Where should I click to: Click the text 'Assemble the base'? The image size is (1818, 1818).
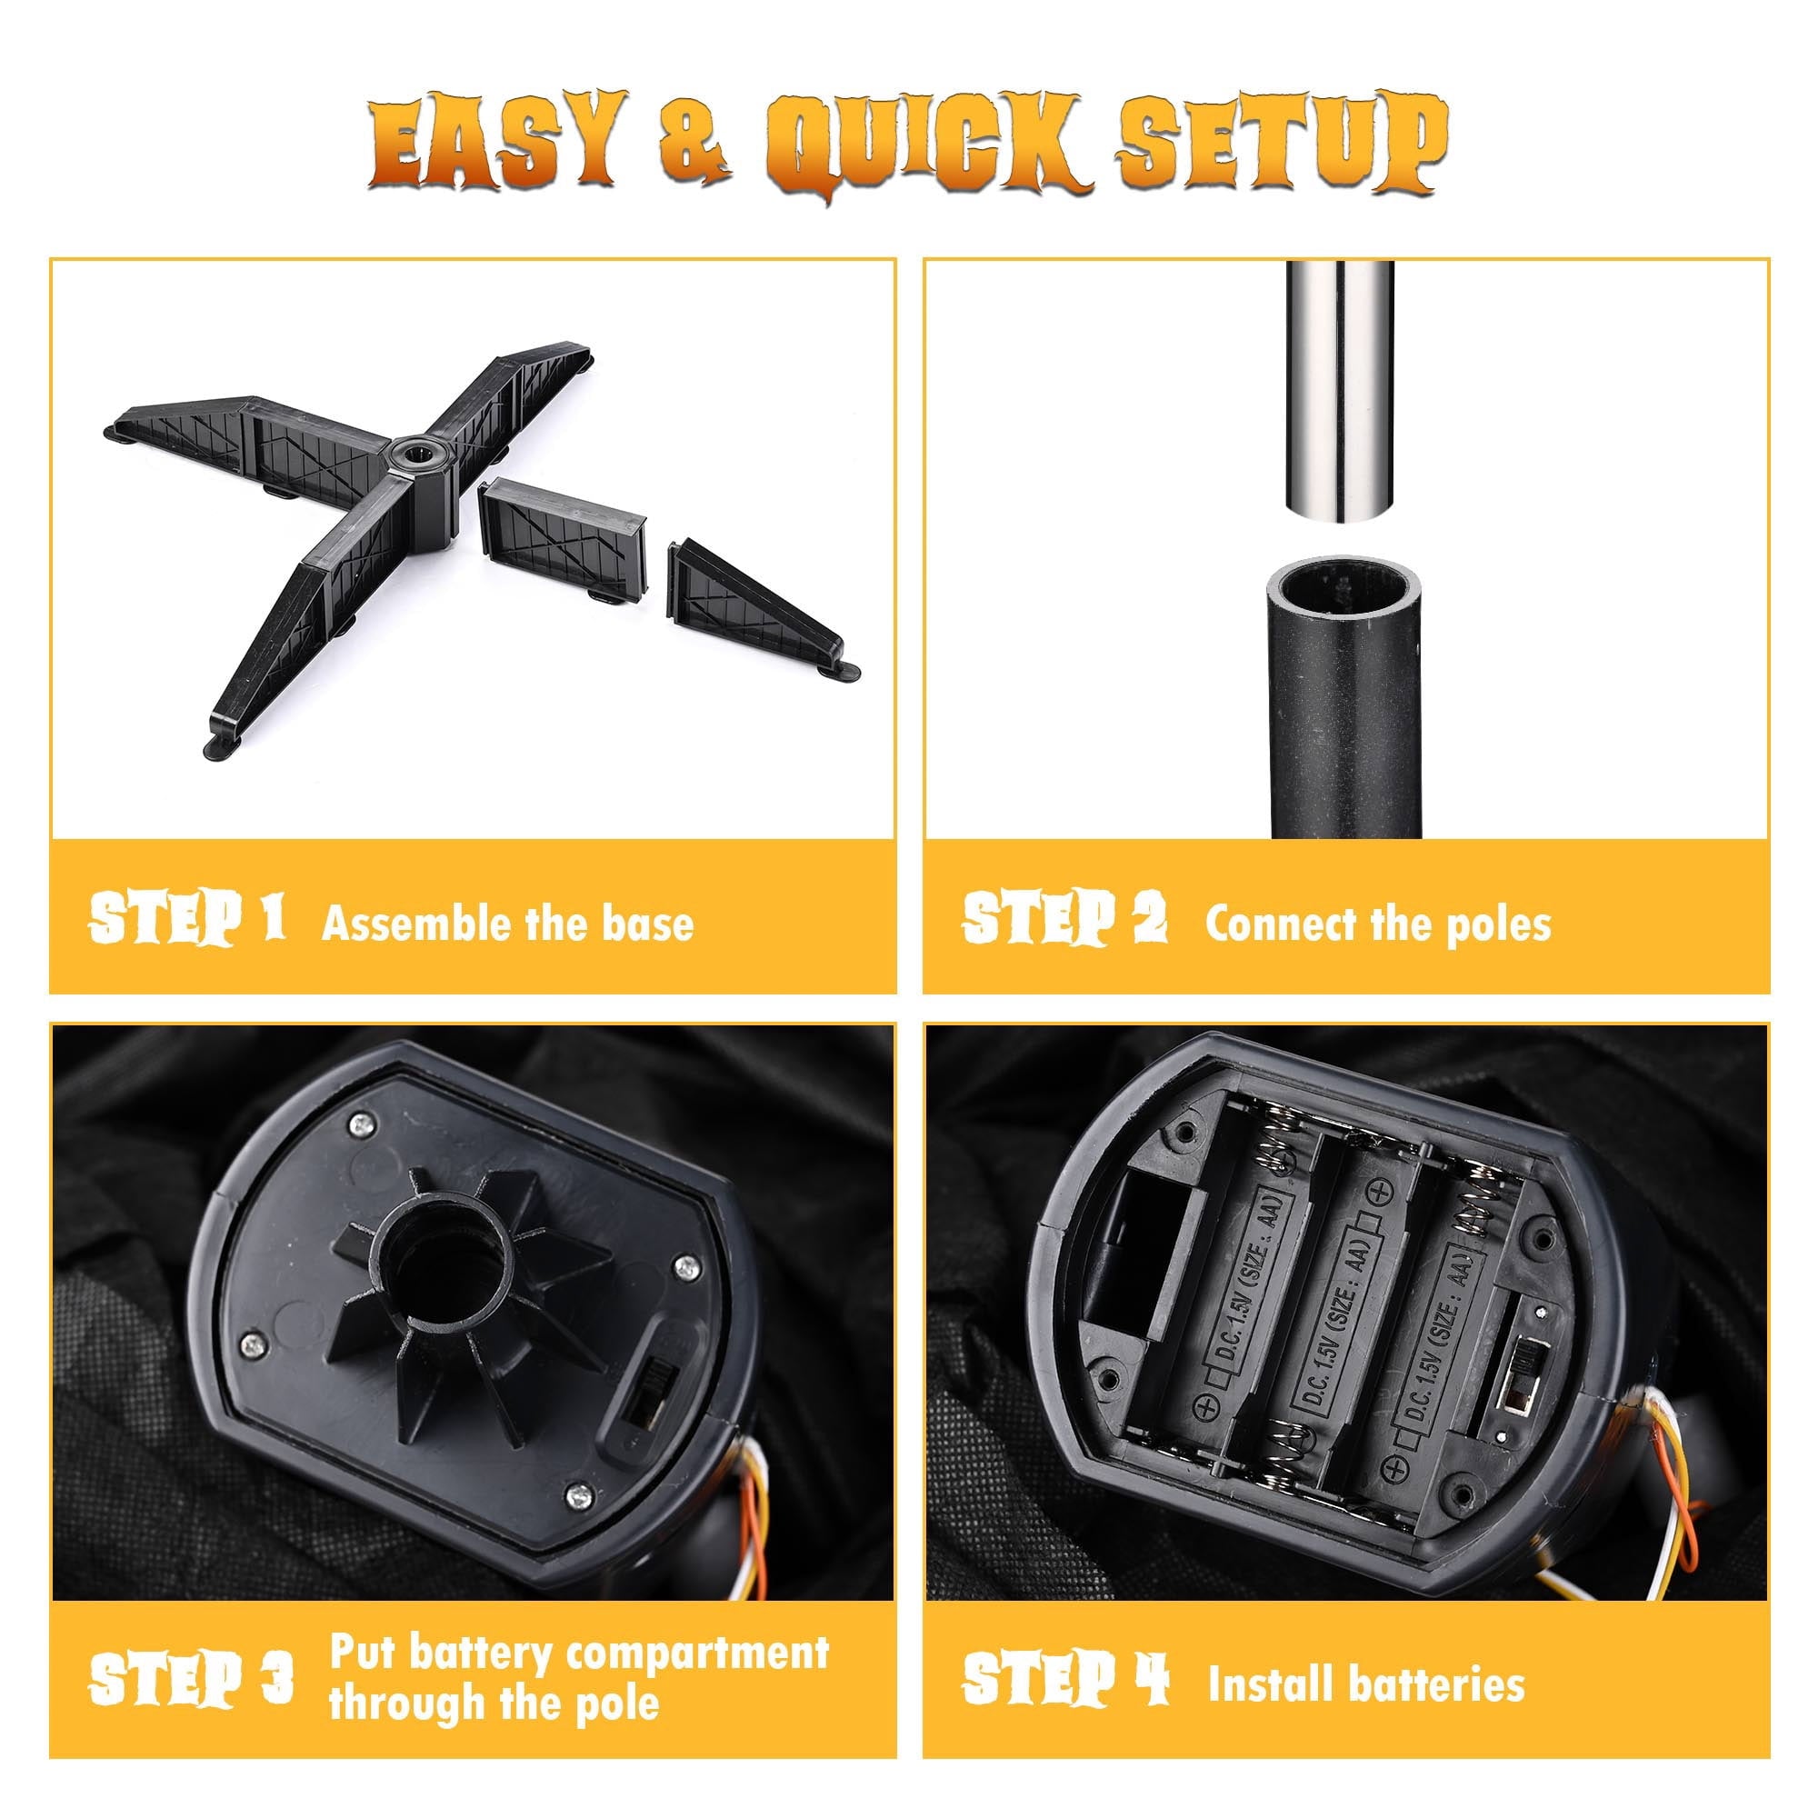[508, 922]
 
